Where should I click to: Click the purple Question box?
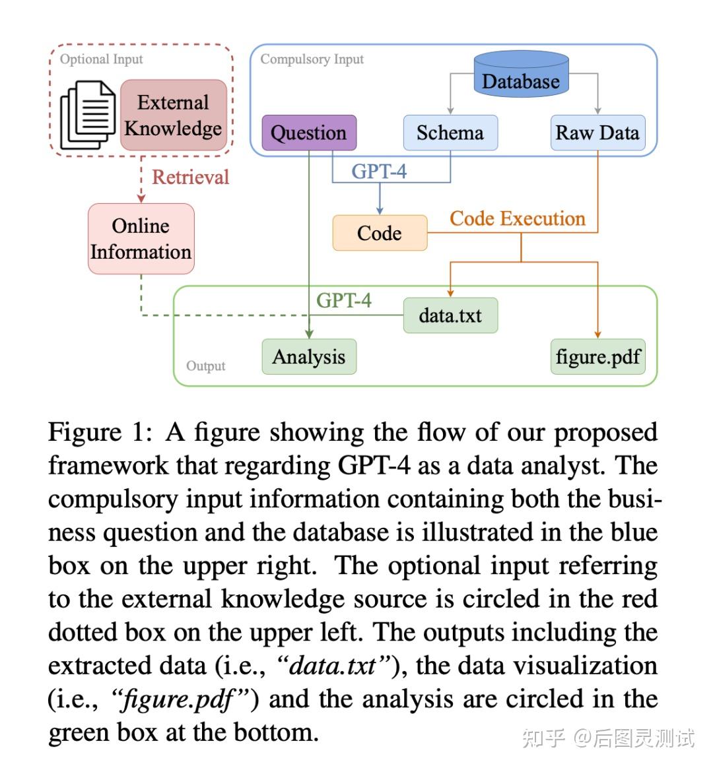(x=309, y=133)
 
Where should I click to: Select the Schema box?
(x=450, y=133)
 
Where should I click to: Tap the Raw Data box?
(x=597, y=133)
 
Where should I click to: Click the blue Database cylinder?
(x=521, y=78)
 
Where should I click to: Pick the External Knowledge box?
(x=174, y=115)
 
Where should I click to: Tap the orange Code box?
(x=380, y=233)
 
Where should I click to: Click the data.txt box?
(x=450, y=315)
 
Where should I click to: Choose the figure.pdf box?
(x=597, y=357)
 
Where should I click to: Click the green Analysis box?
(x=309, y=357)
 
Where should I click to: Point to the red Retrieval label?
(x=190, y=177)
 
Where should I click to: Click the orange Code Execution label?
(x=518, y=218)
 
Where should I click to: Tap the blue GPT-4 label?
(x=379, y=172)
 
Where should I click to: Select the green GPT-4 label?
(x=343, y=300)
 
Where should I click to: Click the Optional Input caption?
(x=101, y=59)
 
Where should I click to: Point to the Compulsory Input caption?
(x=312, y=59)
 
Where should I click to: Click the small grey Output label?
(x=205, y=366)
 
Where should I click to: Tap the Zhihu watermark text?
(x=608, y=737)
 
